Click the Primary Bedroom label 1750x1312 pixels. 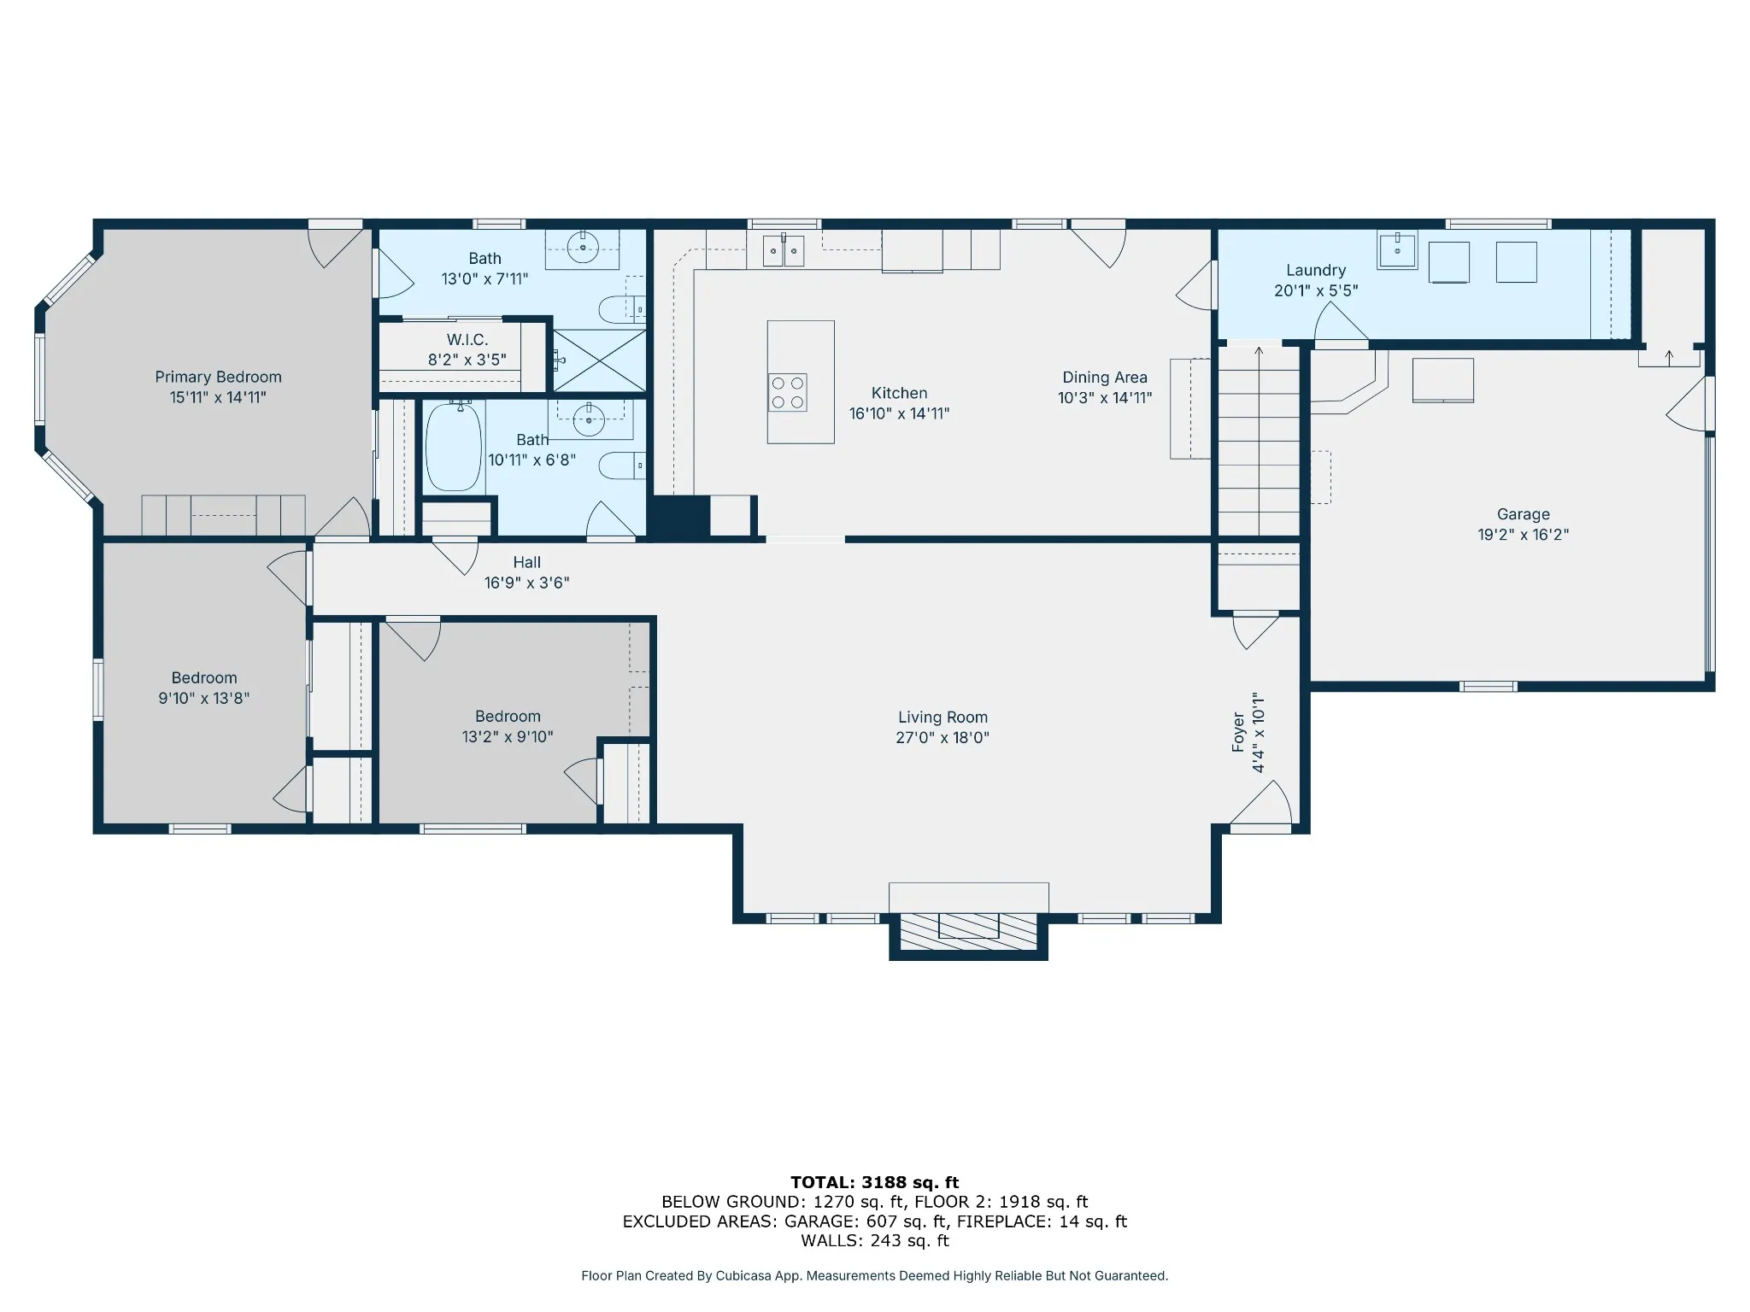tap(218, 377)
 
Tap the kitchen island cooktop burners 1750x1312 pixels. tap(787, 392)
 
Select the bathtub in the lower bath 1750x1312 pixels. tap(454, 447)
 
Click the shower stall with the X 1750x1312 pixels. tap(600, 360)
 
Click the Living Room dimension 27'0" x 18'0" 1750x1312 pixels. tap(943, 737)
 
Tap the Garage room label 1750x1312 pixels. tap(1524, 514)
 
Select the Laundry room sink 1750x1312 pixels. tap(1397, 249)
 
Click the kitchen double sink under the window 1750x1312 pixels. tap(784, 249)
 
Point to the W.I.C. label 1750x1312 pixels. tap(467, 340)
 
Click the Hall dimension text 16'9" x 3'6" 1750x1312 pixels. tap(527, 583)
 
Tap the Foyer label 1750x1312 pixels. tap(1238, 732)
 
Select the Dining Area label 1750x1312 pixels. tap(1105, 377)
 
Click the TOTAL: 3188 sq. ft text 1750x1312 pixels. tap(875, 1182)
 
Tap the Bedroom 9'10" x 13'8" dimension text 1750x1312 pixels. tap(204, 698)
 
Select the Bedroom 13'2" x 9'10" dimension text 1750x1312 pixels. tap(508, 736)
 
